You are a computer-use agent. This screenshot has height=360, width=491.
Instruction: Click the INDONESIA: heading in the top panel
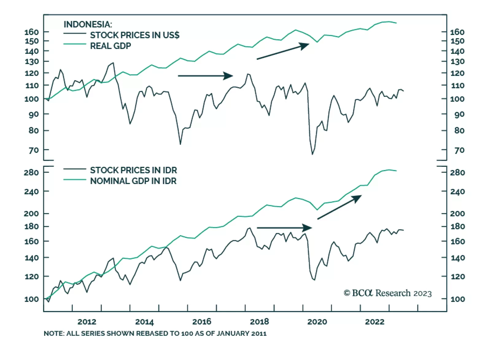(88, 24)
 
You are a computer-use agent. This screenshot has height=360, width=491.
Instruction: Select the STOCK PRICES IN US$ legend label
(134, 35)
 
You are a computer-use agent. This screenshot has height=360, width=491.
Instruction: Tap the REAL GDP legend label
(110, 46)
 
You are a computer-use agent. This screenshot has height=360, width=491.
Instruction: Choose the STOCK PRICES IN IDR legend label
(133, 170)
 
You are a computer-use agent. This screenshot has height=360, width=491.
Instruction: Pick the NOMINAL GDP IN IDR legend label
(133, 181)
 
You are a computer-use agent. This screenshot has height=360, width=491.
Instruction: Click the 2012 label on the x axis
(87, 322)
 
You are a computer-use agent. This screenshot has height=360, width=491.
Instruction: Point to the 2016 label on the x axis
(202, 322)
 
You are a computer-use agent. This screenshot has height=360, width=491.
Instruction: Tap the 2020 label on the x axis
(317, 322)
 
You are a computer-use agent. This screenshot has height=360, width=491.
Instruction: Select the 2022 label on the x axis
(374, 322)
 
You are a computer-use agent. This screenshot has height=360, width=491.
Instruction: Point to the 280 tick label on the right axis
(457, 173)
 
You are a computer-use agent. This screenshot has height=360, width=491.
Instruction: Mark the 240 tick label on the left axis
(31, 192)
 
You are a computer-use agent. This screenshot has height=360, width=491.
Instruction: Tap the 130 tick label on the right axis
(457, 62)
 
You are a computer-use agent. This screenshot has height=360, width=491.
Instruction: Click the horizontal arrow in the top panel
(205, 76)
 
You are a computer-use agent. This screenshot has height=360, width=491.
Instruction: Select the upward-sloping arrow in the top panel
(283, 51)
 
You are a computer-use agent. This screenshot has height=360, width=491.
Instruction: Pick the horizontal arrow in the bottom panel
(284, 228)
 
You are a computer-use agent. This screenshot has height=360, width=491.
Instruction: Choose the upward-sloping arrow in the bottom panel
(339, 207)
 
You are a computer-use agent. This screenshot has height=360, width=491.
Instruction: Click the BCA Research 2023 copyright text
(388, 293)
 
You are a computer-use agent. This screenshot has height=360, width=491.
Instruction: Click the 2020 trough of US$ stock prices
(312, 154)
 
